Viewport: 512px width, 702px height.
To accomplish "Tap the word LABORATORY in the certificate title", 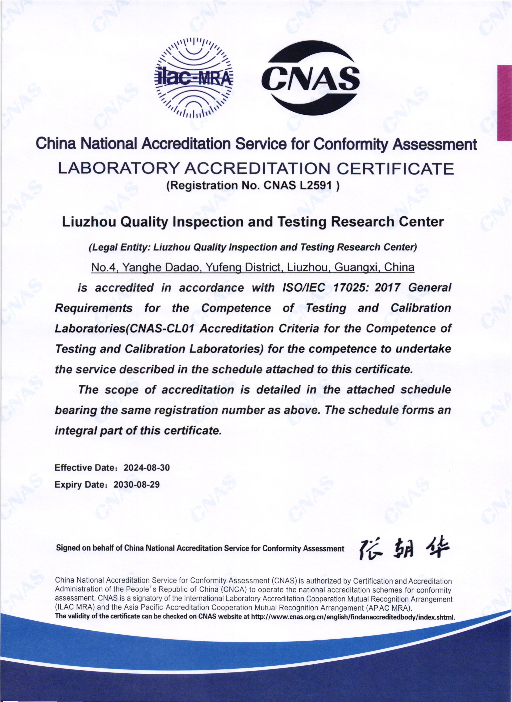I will coord(119,169).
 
